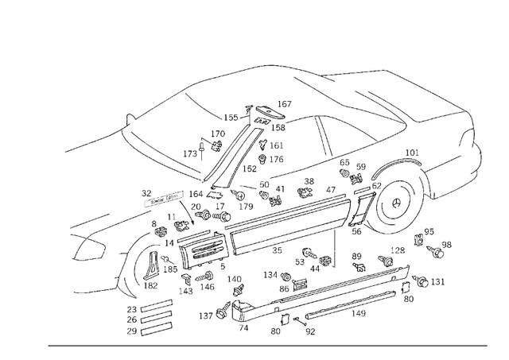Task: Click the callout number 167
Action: tap(284, 104)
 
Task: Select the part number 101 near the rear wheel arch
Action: tap(411, 153)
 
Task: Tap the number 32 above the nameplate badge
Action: tap(146, 193)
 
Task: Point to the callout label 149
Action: tap(359, 314)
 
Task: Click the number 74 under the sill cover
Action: tap(243, 327)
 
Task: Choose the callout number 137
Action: tap(206, 316)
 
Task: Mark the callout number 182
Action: tap(150, 285)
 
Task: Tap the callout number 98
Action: tap(446, 245)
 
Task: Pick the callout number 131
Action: tap(438, 282)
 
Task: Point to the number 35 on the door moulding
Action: tap(277, 250)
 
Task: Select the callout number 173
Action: tap(190, 153)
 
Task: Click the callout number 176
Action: tap(276, 160)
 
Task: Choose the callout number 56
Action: tap(357, 232)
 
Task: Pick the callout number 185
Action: tap(171, 269)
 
